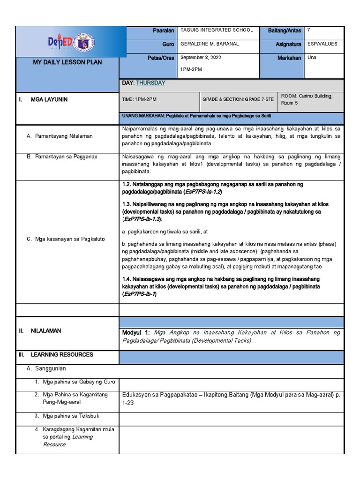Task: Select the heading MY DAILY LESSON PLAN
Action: [x=67, y=62]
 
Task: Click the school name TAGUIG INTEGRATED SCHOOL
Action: [x=216, y=30]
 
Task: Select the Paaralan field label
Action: [x=163, y=30]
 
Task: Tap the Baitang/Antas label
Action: [x=285, y=30]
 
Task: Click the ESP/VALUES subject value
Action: [x=322, y=44]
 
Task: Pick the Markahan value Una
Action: [x=312, y=58]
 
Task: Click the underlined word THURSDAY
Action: [x=150, y=83]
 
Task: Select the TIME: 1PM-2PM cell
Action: [x=139, y=99]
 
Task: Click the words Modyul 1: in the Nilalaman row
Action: [x=136, y=332]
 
